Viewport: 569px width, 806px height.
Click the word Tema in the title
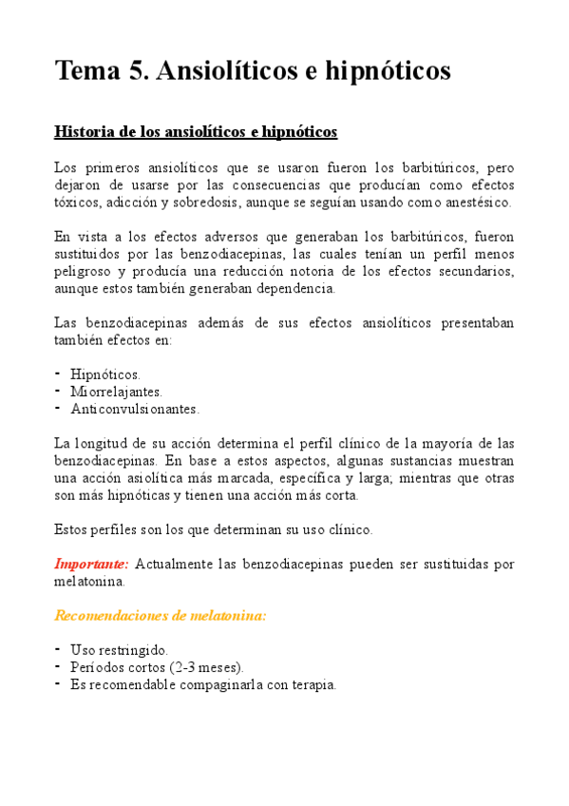tap(91, 71)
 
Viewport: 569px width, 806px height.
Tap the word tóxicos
tap(75, 202)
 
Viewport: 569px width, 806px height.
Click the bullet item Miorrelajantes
tap(116, 392)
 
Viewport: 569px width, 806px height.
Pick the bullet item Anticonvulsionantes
tap(135, 409)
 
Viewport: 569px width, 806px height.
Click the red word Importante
tap(88, 565)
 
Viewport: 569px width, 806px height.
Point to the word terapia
tap(310, 684)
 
